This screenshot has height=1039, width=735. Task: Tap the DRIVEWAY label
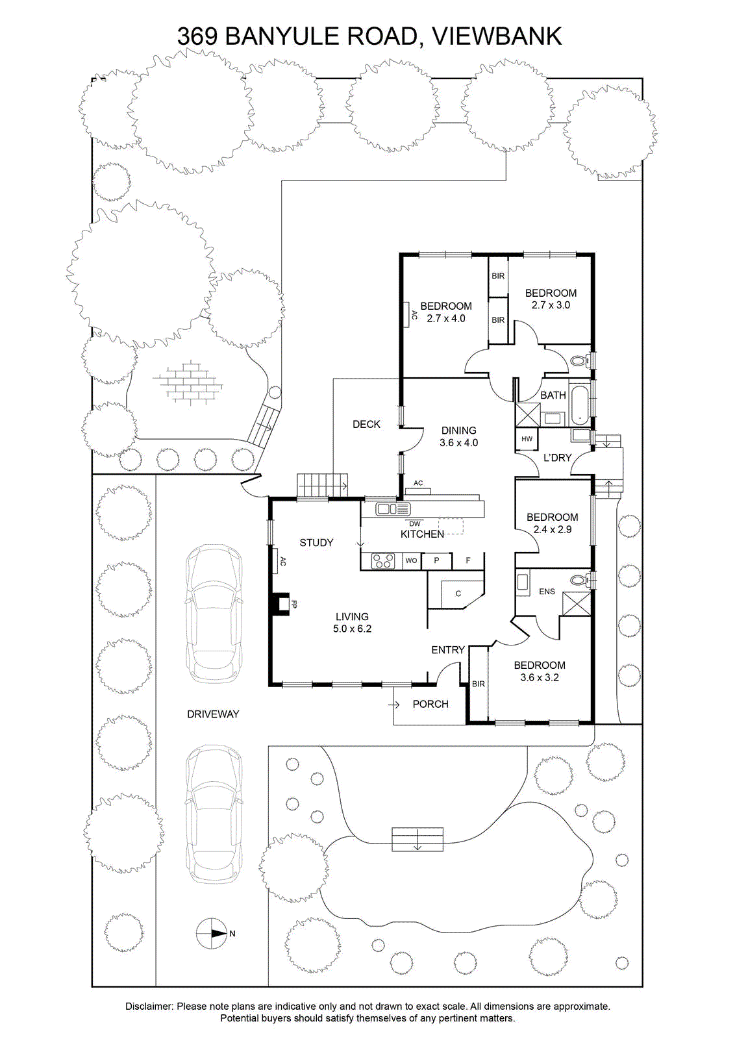(213, 714)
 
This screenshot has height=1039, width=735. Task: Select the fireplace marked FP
(280, 604)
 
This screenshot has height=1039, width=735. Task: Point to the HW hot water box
(527, 439)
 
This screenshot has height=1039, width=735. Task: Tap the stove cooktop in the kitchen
(383, 561)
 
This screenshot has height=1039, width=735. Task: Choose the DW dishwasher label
(414, 523)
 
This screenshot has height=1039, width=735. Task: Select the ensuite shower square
(577, 604)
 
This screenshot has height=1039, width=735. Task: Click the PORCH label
(430, 704)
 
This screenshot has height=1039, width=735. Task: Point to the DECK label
(366, 424)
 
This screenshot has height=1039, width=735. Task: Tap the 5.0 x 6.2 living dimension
(352, 629)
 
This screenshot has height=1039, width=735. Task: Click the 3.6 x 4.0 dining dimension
(458, 442)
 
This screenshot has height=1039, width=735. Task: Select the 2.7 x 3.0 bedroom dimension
(551, 305)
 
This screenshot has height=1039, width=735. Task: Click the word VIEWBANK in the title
(497, 36)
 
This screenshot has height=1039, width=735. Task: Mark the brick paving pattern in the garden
(188, 381)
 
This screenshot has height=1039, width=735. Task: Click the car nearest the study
(214, 614)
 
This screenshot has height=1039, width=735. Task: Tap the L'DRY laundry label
(557, 458)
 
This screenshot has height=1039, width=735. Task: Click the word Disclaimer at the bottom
(149, 1006)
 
